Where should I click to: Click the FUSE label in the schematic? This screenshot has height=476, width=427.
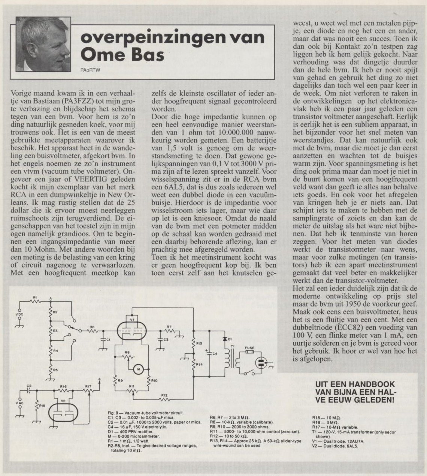(249, 348)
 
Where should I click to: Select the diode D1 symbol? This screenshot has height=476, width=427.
(225, 339)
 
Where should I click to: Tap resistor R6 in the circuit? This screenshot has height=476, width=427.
(92, 331)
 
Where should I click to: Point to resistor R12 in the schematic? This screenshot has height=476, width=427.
(164, 399)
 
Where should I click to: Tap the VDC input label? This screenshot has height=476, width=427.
(19, 313)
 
